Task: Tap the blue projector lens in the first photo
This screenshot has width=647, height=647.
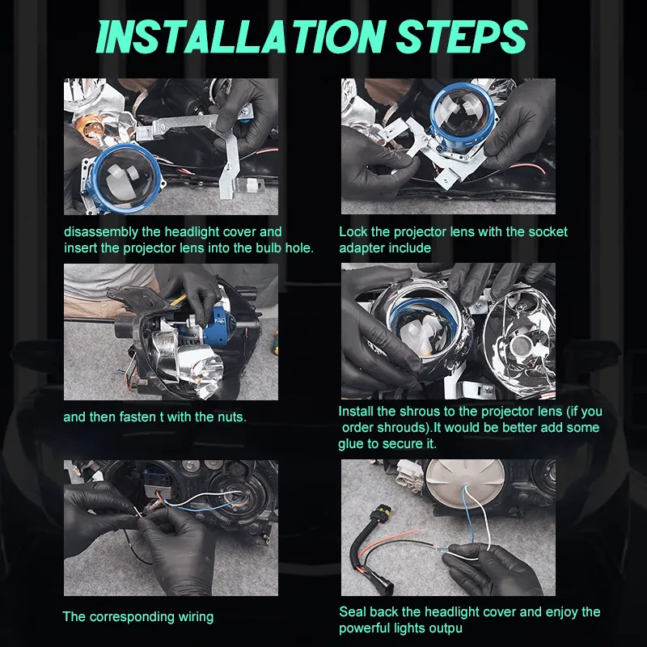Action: pos(128,178)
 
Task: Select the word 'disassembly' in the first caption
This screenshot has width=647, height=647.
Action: pos(101,232)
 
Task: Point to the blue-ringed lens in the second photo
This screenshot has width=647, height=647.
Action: pos(459,112)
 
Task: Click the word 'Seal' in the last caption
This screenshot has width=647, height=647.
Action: pos(353,612)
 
